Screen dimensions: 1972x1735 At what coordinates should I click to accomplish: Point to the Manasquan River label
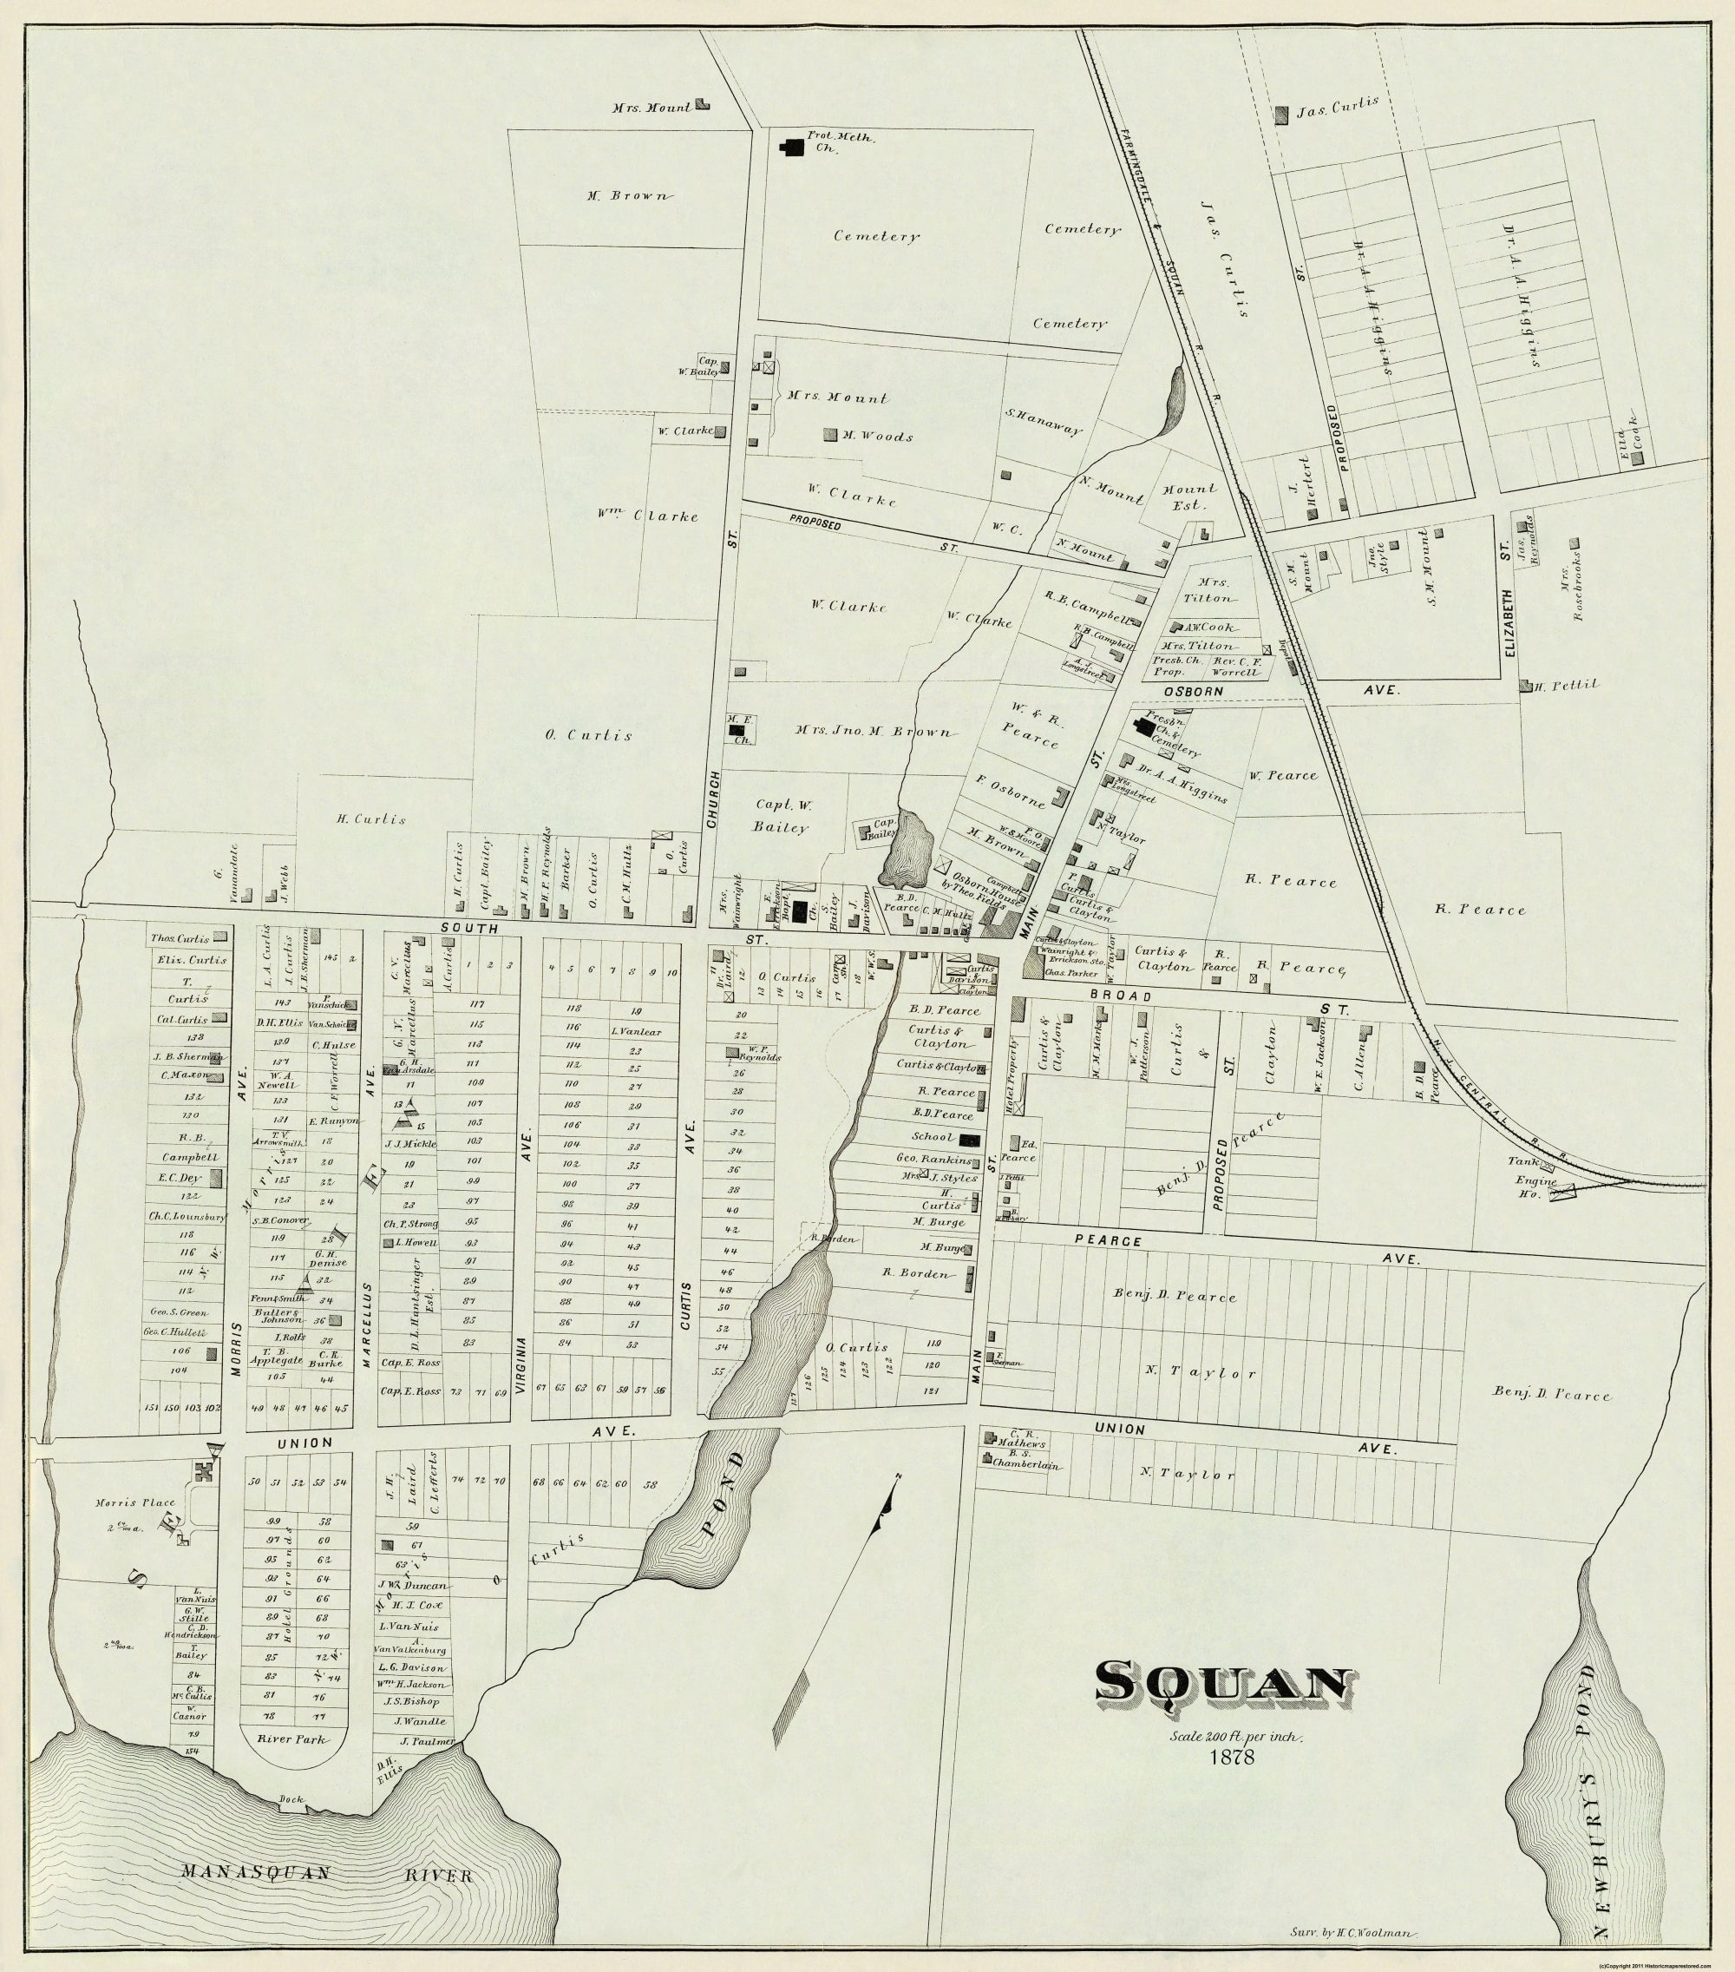pos(325,1873)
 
